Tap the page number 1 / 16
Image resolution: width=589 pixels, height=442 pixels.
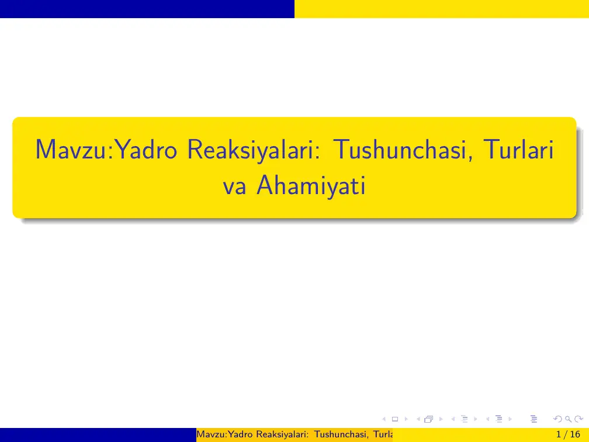(x=569, y=434)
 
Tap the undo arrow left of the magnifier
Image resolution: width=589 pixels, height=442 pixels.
(x=557, y=419)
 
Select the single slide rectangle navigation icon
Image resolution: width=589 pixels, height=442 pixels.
(x=394, y=419)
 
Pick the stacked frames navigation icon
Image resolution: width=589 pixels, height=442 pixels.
(x=429, y=419)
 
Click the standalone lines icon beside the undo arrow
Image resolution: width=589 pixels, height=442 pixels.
(x=532, y=419)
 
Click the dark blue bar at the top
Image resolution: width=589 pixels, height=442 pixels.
(x=147, y=9)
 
